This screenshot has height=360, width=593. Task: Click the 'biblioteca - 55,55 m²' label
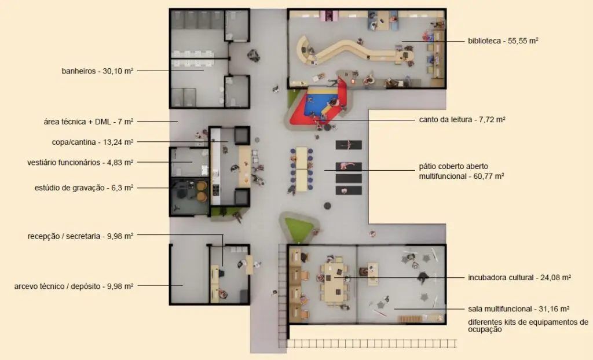(x=503, y=41)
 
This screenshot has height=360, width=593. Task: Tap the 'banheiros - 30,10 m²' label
(x=97, y=71)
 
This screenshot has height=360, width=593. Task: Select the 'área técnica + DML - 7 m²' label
(x=89, y=122)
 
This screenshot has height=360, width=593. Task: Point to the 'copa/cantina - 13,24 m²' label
(x=92, y=142)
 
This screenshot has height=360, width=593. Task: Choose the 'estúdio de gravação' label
(x=69, y=188)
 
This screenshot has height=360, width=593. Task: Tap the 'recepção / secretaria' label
(x=64, y=236)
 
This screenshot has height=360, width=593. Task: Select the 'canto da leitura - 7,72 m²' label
(x=462, y=120)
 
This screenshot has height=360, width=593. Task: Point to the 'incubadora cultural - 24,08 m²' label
(x=519, y=278)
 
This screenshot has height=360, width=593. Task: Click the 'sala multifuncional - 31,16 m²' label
(x=518, y=309)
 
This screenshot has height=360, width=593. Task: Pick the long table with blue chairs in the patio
(x=301, y=169)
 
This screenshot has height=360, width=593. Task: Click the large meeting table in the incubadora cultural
(x=334, y=279)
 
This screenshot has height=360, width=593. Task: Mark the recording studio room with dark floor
(x=190, y=197)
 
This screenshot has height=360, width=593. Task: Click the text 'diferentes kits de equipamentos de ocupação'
(x=528, y=326)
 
